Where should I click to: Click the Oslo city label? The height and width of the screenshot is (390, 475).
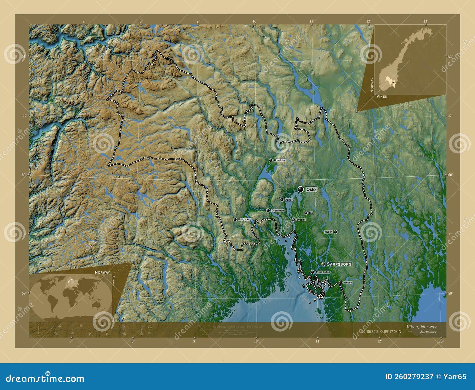point(311,189)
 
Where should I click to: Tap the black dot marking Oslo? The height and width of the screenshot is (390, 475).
point(301,189)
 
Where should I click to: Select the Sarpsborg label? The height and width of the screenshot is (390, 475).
point(339,264)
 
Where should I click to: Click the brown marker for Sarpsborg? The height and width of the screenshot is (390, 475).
point(323,264)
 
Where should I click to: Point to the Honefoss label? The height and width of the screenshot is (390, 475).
point(279,160)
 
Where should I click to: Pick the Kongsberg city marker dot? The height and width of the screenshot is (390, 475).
point(235,219)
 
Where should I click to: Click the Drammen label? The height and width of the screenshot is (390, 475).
point(278,210)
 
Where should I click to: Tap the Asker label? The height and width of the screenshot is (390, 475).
point(289,200)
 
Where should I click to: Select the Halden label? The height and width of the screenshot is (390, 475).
point(348,283)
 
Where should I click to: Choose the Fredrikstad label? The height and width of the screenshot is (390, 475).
point(323,272)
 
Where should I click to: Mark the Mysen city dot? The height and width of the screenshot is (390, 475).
point(335,232)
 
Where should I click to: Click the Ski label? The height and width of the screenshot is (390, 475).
point(311,213)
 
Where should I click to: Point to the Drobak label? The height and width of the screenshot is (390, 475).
point(301,220)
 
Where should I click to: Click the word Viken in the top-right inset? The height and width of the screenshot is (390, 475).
point(382,97)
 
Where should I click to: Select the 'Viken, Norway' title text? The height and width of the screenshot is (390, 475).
point(421,326)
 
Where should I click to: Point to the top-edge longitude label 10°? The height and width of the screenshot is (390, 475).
point(254,21)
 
